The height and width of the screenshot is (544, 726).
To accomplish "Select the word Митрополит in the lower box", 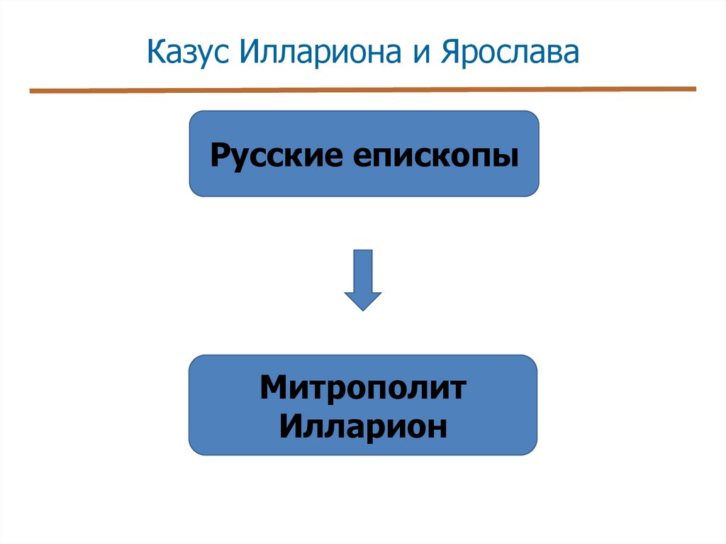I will (x=363, y=388).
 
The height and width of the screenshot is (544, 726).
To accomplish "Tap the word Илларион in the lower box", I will (x=363, y=426).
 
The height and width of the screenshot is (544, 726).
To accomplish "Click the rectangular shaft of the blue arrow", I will (x=363, y=270).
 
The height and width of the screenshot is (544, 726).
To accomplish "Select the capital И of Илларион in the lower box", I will (x=290, y=426).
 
